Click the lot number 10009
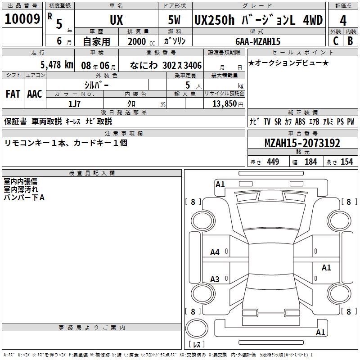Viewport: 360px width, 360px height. coord(22,19)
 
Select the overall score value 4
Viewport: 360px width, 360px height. coord(343,21)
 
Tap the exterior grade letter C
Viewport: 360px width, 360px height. coord(336,41)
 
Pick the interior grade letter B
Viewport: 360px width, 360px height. coord(350,41)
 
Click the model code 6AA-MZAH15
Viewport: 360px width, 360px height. coord(258,41)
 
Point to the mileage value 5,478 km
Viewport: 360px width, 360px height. coord(57,65)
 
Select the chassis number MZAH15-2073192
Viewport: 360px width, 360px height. coord(302,143)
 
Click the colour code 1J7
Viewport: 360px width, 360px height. coord(74,104)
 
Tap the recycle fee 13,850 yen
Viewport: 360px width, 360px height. coord(228,104)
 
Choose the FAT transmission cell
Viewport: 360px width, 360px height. coord(13,94)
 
